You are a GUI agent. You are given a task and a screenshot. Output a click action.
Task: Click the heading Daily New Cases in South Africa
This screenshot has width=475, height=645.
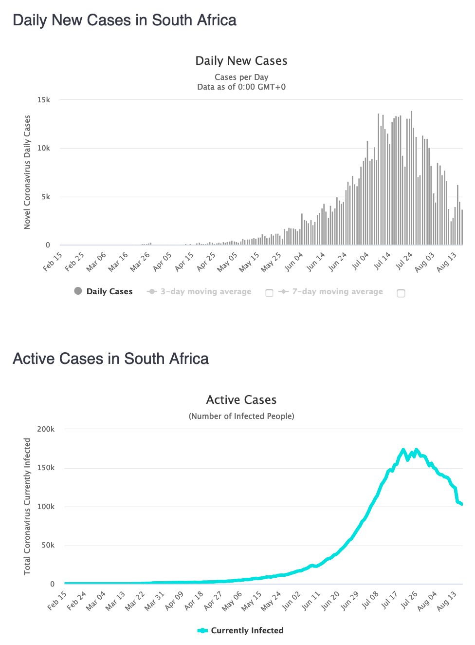coord(125,20)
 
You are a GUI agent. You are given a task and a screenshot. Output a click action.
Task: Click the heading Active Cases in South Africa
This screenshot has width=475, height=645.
coord(110,359)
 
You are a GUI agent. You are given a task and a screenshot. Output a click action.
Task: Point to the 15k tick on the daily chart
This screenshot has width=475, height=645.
coord(44,100)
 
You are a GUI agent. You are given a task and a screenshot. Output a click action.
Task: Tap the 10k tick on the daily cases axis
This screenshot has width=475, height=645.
coord(44,148)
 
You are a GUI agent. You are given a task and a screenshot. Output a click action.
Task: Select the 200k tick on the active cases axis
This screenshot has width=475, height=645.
coord(46,429)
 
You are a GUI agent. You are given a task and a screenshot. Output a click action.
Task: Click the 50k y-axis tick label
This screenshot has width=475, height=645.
coord(48,545)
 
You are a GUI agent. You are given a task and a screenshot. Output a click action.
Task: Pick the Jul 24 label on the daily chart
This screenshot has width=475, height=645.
coord(404,261)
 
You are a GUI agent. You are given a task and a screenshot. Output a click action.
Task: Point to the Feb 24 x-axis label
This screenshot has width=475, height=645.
coord(76,601)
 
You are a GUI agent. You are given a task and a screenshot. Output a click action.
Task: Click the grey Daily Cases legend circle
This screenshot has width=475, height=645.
coord(78,291)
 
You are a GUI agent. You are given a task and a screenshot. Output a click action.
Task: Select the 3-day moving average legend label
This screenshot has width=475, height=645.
coord(206,292)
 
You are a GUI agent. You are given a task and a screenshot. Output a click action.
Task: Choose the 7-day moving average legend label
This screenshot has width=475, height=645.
coord(337,292)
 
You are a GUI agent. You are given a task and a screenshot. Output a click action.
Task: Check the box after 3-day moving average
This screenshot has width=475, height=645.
coord(269,293)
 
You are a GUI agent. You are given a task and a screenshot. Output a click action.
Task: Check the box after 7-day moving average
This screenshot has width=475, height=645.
coord(401,293)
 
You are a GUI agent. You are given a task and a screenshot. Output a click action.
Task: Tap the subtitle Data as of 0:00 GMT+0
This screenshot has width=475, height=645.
coord(241,87)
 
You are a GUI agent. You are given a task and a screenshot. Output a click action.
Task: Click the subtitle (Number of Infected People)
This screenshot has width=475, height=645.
coord(241,416)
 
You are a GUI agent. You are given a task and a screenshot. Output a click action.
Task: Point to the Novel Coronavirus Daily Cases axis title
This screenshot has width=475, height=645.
coord(27,172)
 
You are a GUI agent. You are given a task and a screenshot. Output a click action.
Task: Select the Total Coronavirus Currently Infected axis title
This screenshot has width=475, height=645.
coord(27,506)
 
